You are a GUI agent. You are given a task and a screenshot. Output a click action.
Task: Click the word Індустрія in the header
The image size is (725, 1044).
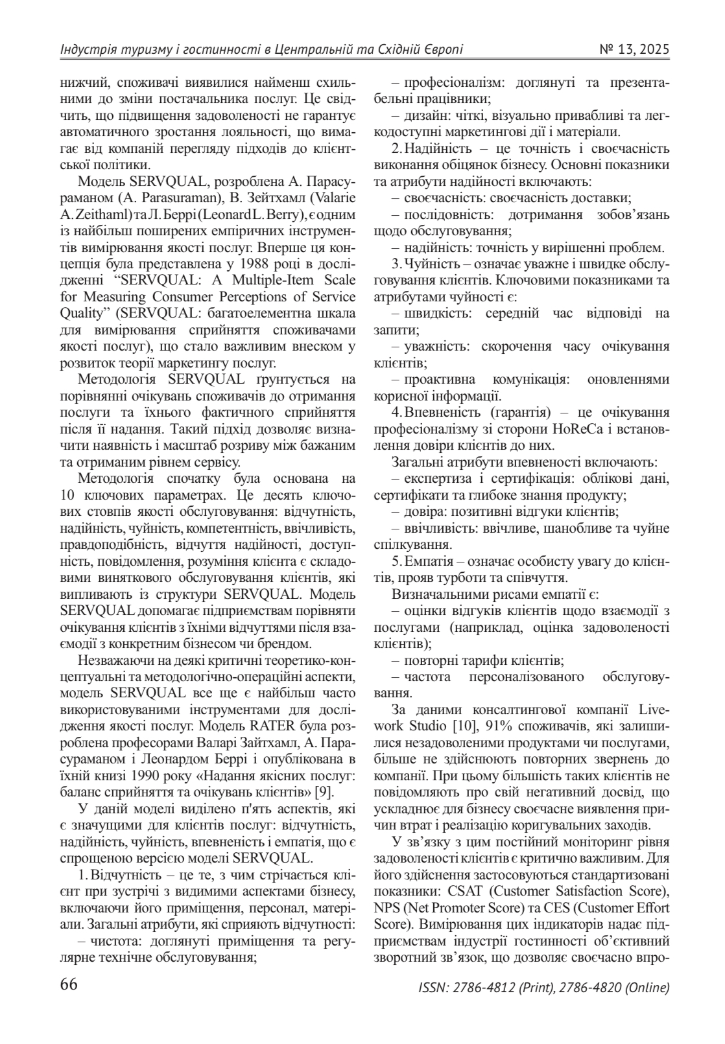pyautogui.click(x=84, y=50)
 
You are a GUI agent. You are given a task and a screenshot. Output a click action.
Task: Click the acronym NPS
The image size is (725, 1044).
pyautogui.click(x=387, y=907)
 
